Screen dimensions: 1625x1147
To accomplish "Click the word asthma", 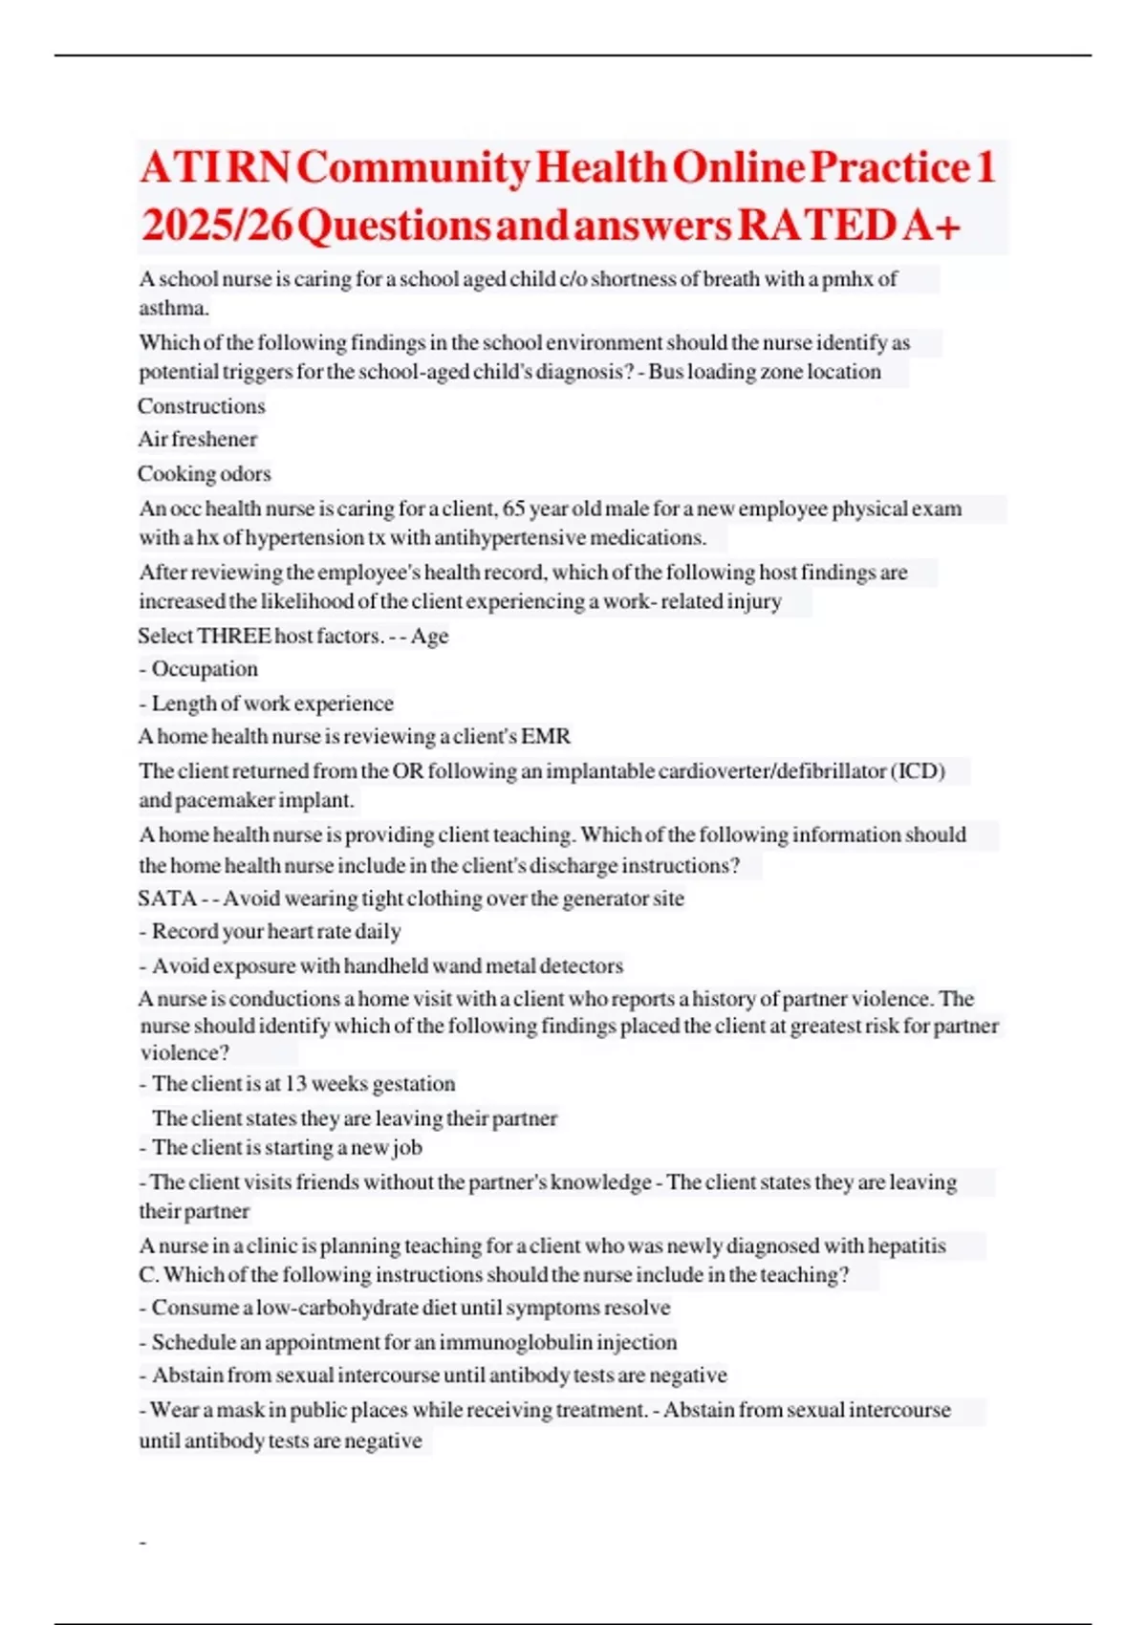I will point(173,308).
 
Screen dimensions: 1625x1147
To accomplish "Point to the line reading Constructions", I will point(202,406).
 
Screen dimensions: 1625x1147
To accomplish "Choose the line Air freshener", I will point(198,440).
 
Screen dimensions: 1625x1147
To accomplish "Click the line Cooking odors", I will point(205,474).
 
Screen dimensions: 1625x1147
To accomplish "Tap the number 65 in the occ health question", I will point(513,509).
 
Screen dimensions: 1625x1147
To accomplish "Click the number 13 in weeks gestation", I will point(295,1084).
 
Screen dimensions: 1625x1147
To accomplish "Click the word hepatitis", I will point(905,1246).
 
